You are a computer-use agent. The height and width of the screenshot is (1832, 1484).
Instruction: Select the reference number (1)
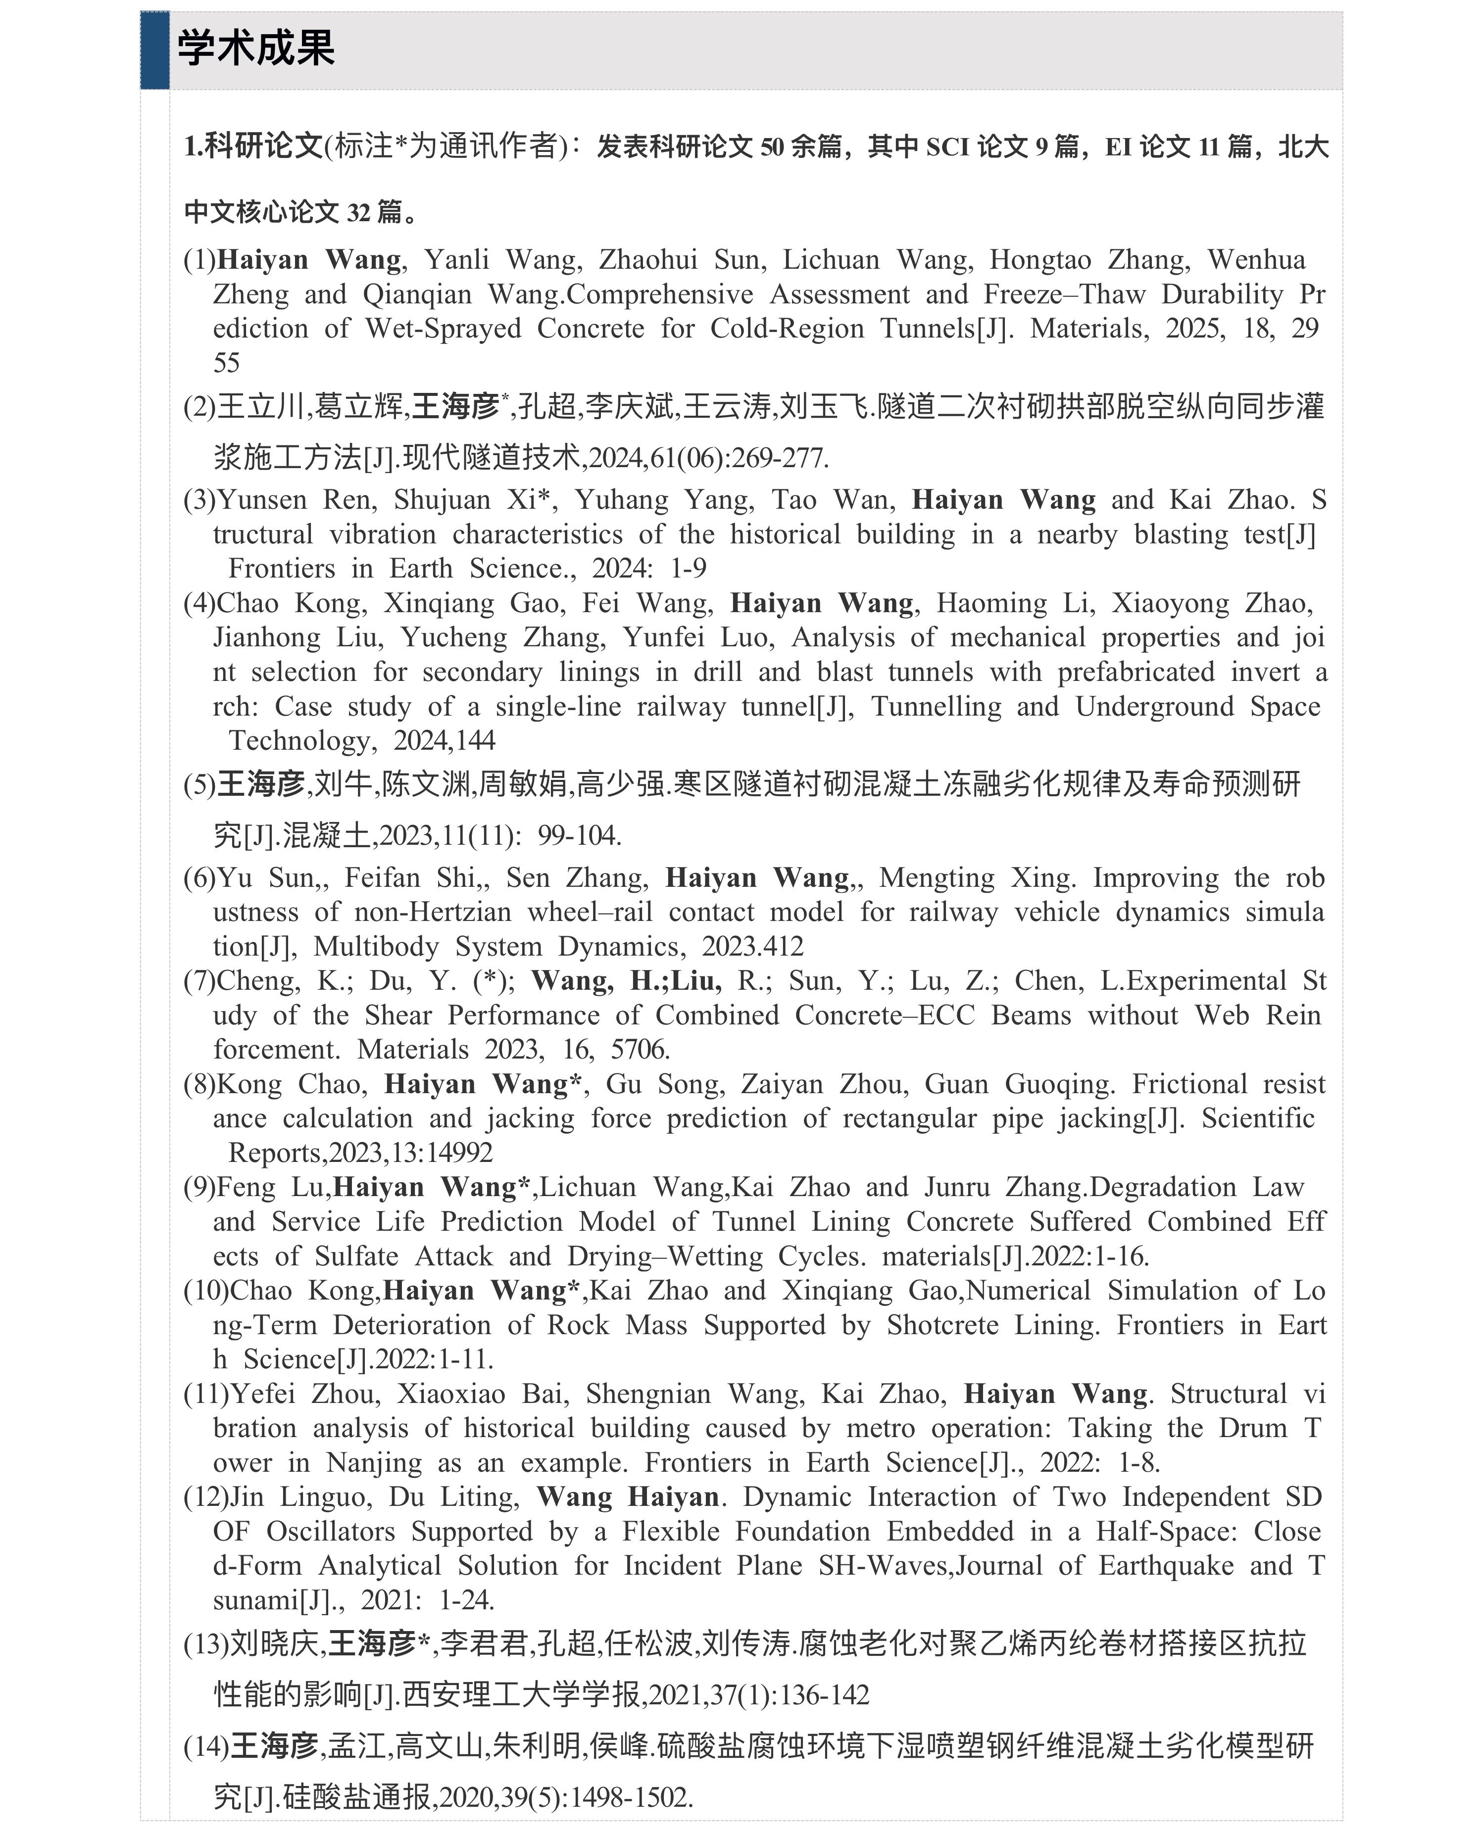coord(199,260)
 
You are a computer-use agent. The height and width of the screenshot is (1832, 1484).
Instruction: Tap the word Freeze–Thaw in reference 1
coord(1064,295)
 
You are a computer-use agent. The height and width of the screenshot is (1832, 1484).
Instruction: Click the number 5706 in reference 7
coord(640,1049)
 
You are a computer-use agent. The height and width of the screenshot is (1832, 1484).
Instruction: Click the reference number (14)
coord(206,1746)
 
